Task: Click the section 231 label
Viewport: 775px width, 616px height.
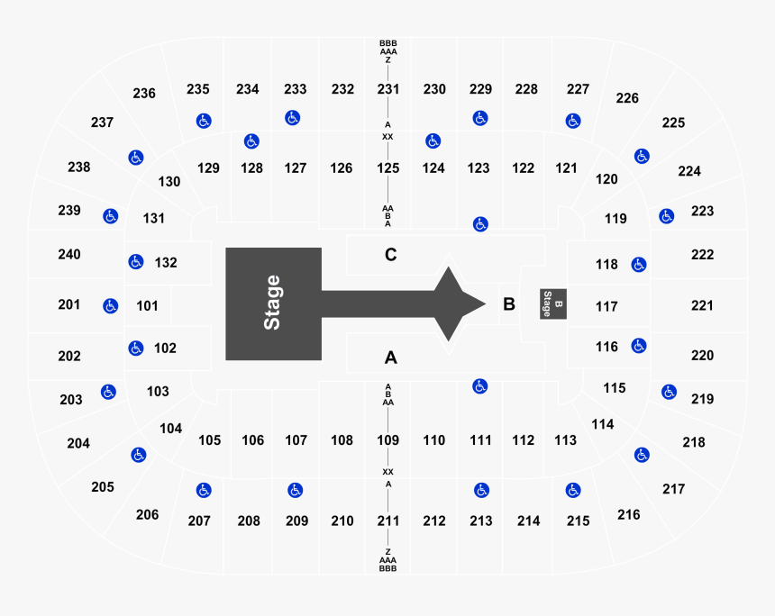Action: [x=388, y=89]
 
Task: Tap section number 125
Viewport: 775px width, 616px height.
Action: [x=388, y=168]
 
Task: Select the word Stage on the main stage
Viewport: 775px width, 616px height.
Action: [x=272, y=303]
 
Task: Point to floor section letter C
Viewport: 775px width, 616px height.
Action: [x=390, y=255]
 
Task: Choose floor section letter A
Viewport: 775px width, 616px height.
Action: [x=390, y=358]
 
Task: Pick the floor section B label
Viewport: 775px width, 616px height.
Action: [x=508, y=304]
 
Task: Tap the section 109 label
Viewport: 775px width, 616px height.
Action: [x=388, y=440]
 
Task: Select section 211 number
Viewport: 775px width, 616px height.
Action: [x=388, y=521]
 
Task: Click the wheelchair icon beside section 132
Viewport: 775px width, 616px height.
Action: [x=135, y=262]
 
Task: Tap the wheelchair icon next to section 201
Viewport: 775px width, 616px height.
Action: [x=111, y=306]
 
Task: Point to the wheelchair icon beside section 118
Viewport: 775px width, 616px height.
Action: [x=638, y=265]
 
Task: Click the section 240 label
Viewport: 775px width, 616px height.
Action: [x=69, y=255]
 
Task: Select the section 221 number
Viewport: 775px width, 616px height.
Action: [x=702, y=306]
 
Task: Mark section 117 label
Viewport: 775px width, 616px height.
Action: [x=606, y=307]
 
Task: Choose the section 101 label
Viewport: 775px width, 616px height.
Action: [x=147, y=306]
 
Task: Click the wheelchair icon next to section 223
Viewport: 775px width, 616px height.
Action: [x=666, y=216]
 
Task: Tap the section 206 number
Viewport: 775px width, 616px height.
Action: [x=147, y=514]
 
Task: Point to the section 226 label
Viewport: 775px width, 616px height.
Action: [x=626, y=98]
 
